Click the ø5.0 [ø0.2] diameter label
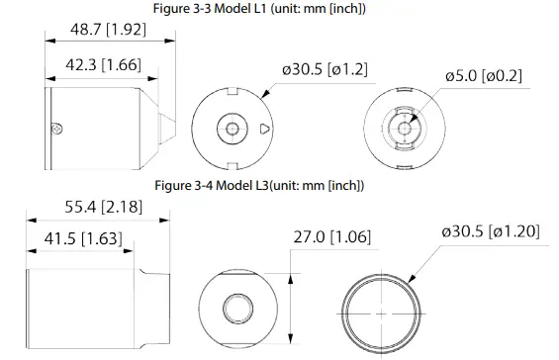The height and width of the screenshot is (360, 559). click(484, 76)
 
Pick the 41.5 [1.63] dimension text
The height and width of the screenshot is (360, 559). click(83, 239)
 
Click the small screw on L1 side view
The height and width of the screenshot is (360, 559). click(59, 127)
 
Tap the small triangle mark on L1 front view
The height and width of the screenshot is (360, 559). click(262, 129)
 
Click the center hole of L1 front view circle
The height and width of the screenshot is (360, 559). click(230, 129)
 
